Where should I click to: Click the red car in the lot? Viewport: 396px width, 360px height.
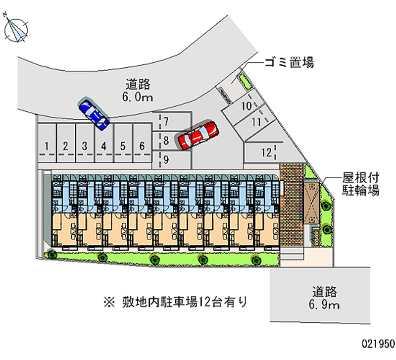pos(198,135)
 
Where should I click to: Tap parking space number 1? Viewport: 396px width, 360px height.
pos(46,146)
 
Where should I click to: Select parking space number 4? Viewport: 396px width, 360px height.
pos(103,146)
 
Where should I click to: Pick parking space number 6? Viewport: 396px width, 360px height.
pos(142,146)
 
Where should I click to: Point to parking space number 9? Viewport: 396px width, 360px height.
pos(166,159)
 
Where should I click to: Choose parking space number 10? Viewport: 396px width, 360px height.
pos(245,105)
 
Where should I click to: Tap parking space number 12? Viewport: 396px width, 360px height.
pos(267,152)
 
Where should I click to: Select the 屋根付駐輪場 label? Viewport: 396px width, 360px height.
pos(361,184)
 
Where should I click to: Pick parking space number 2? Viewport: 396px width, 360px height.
pos(65,146)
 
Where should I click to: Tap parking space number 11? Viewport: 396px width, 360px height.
pos(256,121)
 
